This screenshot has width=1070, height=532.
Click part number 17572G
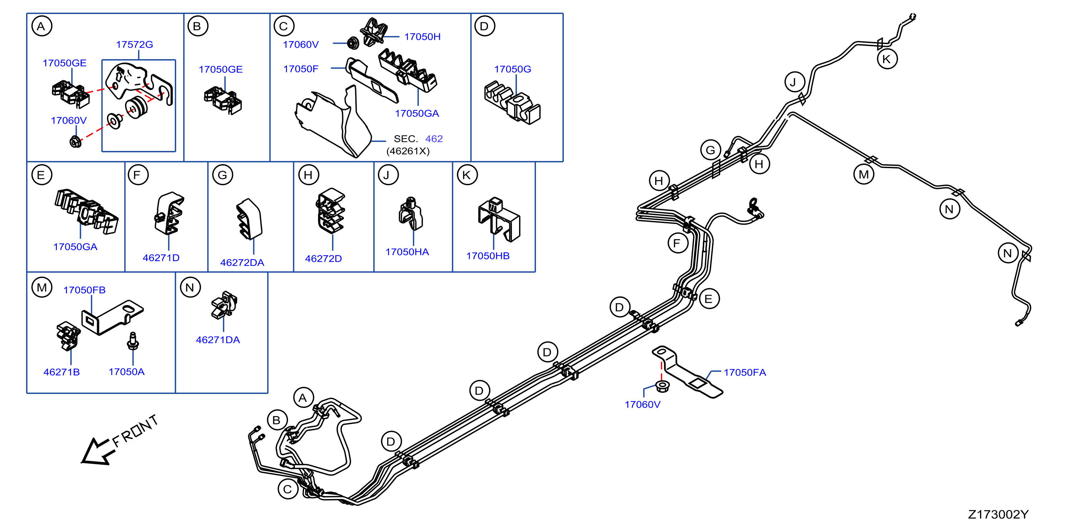pyautogui.click(x=134, y=44)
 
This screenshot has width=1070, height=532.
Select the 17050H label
pyautogui.click(x=422, y=37)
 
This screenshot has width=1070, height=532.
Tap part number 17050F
pyautogui.click(x=301, y=69)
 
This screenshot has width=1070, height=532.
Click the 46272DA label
pyautogui.click(x=242, y=263)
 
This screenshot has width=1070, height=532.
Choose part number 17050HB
pyautogui.click(x=488, y=256)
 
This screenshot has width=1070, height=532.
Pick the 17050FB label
pyautogui.click(x=84, y=290)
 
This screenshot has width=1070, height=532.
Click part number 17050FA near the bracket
pyautogui.click(x=745, y=372)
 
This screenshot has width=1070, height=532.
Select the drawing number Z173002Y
pyautogui.click(x=998, y=514)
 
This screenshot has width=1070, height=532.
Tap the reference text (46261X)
pyautogui.click(x=408, y=151)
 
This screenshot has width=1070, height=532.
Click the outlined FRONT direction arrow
pyautogui.click(x=96, y=451)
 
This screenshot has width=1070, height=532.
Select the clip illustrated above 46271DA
pyautogui.click(x=224, y=305)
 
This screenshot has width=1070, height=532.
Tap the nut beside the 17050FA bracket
pyautogui.click(x=662, y=386)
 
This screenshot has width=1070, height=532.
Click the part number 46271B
pyautogui.click(x=62, y=372)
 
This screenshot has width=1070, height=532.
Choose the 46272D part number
pyautogui.click(x=323, y=258)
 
